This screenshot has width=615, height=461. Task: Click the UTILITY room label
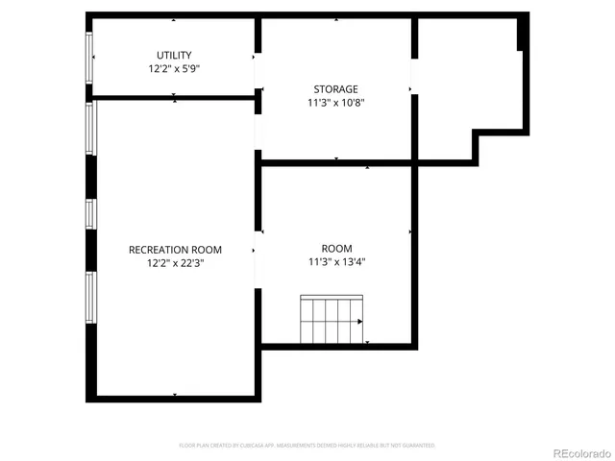[174, 55]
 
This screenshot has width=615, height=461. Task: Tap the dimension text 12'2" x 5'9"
[174, 69]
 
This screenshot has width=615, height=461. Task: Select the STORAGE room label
[335, 88]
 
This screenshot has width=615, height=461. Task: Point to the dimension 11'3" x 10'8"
[335, 103]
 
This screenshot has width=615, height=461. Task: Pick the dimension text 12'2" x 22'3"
[174, 263]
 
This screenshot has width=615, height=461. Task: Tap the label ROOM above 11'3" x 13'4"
[336, 247]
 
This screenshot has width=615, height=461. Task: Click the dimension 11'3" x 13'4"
[336, 261]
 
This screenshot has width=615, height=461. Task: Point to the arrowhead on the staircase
[360, 323]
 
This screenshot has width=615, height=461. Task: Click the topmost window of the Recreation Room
[90, 128]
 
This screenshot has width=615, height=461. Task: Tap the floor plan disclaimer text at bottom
[307, 446]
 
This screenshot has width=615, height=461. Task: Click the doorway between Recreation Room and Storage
[257, 130]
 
